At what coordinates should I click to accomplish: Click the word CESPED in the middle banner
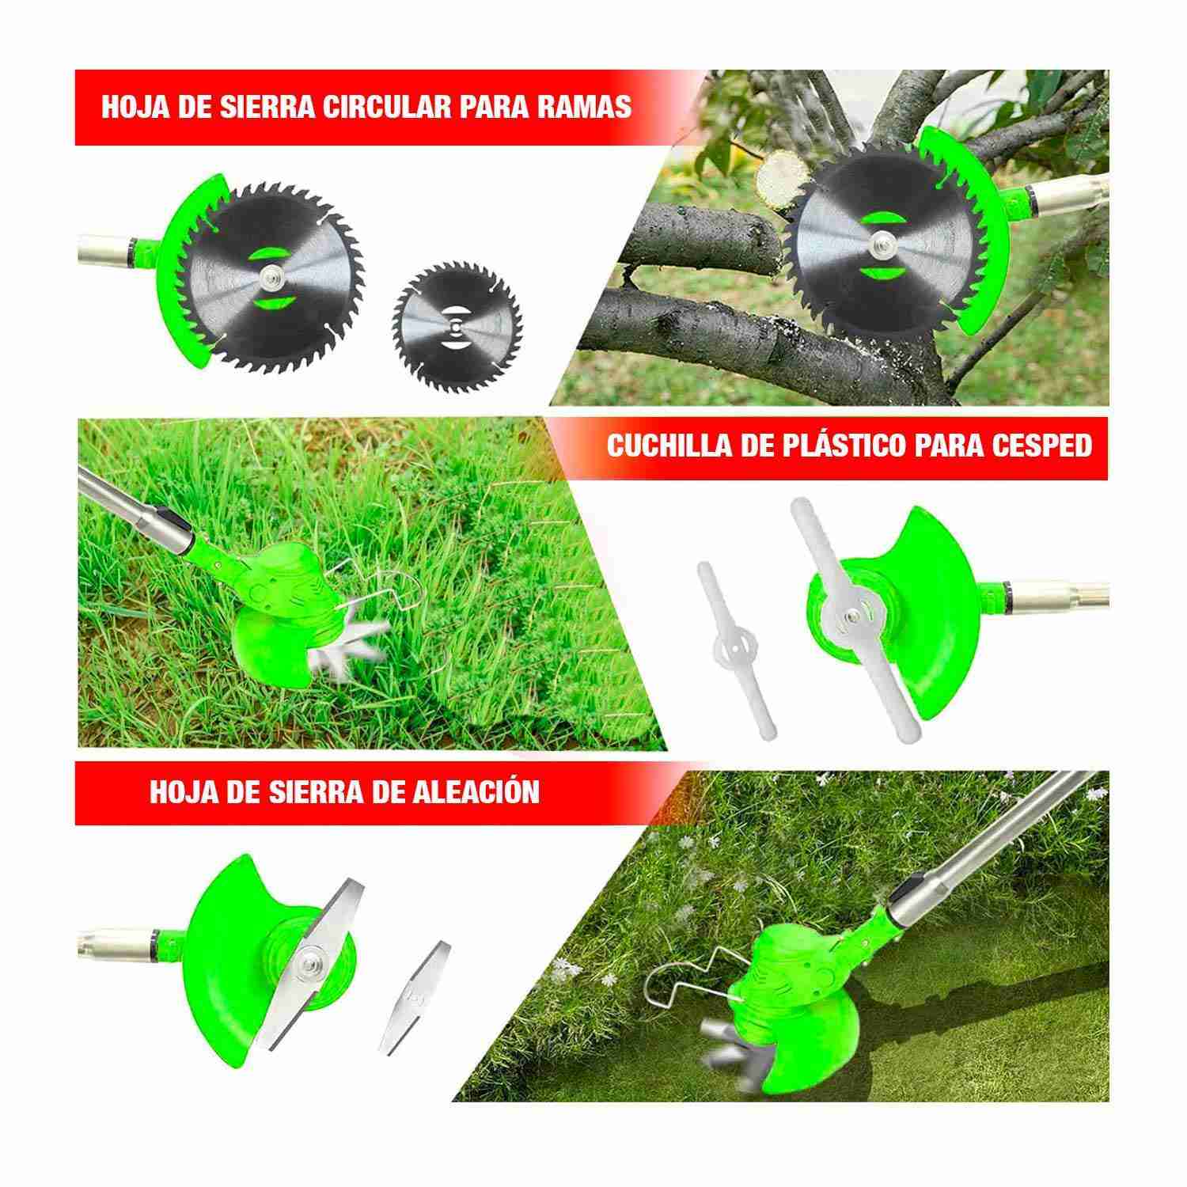click(x=1041, y=446)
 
